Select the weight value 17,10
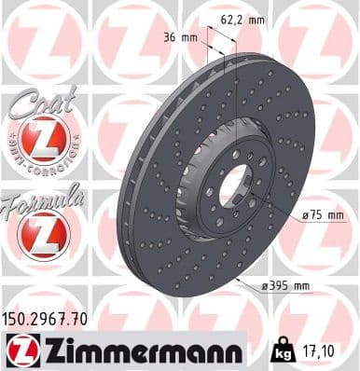[320, 352]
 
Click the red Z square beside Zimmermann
[19, 350]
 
